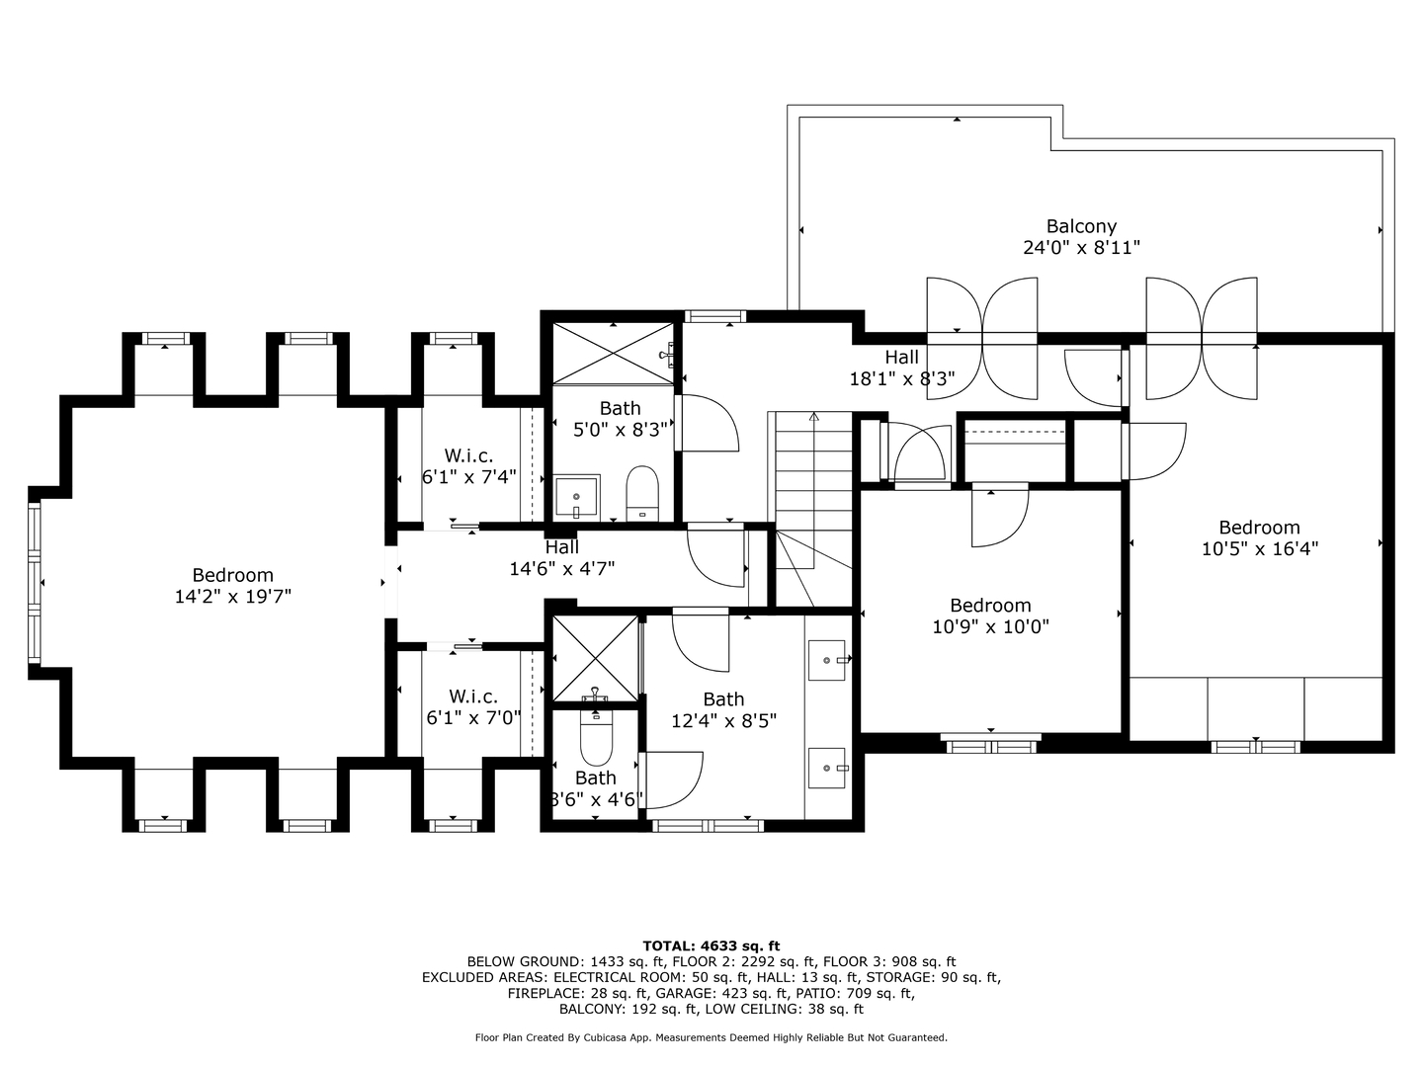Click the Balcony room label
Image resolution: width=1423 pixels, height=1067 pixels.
(1081, 226)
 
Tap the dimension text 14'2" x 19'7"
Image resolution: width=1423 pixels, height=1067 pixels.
(232, 597)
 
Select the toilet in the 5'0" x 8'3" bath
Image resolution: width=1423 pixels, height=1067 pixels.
(642, 492)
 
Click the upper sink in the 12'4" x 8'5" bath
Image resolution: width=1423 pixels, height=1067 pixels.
(827, 660)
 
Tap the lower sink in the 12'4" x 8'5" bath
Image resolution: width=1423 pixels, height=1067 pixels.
(827, 768)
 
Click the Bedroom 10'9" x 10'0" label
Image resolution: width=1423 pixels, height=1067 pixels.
(990, 616)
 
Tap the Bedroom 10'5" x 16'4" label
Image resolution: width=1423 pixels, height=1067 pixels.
(1259, 537)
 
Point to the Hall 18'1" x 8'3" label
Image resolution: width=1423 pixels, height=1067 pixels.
(901, 368)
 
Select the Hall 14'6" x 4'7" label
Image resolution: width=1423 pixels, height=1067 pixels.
(561, 558)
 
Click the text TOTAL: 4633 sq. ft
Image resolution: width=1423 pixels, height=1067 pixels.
(711, 945)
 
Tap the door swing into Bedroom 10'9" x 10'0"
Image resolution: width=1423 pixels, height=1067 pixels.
(999, 517)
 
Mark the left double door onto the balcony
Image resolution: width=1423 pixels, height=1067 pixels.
(982, 338)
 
